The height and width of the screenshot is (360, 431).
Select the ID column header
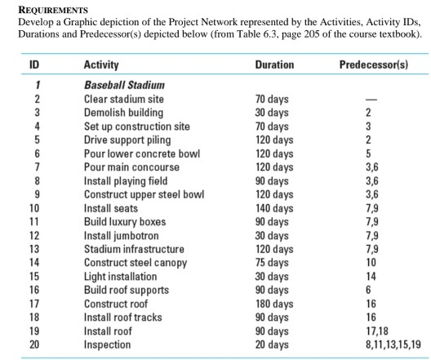tap(34, 64)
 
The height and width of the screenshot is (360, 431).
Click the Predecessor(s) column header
tap(373, 64)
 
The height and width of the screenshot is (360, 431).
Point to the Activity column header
tap(101, 64)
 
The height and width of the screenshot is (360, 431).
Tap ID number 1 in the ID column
tap(34, 85)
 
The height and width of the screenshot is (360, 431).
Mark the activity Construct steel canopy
tap(136, 263)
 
